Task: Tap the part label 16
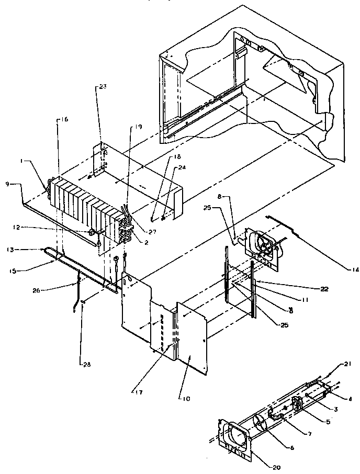click(x=65, y=120)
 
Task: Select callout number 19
click(x=138, y=126)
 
